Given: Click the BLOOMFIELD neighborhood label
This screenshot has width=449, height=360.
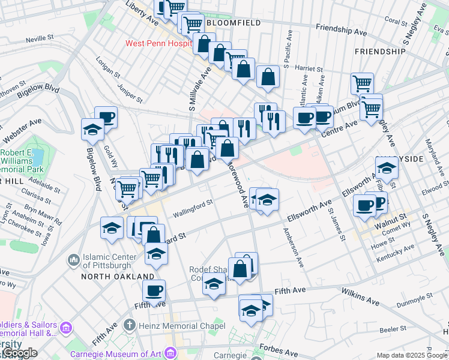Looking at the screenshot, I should pos(234,22).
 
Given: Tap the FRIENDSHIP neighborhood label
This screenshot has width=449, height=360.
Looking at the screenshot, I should pos(380,52).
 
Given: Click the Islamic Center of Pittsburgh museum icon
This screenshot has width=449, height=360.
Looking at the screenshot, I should pos(74,260).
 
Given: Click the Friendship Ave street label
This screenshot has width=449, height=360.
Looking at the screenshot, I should pos(340,29).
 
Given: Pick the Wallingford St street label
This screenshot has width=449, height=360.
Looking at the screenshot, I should pos(193,207).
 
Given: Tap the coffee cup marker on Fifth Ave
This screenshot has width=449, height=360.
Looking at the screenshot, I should pos(154,290).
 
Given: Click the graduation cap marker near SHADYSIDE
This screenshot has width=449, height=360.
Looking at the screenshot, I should pos(387,168).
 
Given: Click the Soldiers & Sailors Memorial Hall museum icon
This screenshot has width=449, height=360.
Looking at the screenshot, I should pos(65,328).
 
